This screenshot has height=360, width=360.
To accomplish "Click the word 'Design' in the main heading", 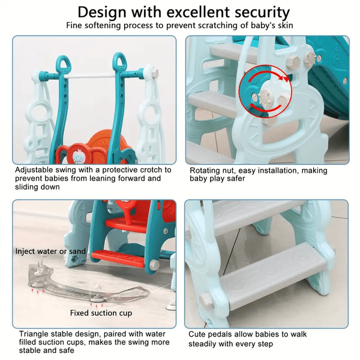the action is coord(102,13).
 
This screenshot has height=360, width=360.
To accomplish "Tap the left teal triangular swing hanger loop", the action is coord(64,64).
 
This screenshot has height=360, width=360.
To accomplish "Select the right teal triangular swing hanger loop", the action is coord(119,61).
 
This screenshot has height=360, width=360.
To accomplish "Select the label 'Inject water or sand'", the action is coord(50,251).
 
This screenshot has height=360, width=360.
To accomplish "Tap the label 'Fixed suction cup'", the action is coord(101,313).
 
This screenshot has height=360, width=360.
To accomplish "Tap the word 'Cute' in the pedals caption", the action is coord(198,334).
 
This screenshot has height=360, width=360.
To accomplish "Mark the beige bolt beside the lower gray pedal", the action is coord(206,301).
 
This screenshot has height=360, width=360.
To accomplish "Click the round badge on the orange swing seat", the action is coord(77,156).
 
